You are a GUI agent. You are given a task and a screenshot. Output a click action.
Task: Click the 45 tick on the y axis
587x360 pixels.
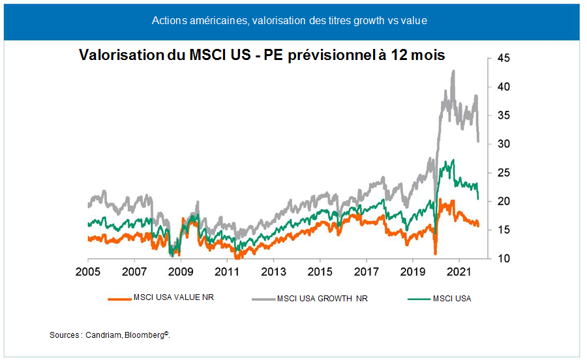[x=505, y=58]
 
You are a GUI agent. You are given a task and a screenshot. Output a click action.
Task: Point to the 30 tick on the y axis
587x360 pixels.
[x=505, y=144]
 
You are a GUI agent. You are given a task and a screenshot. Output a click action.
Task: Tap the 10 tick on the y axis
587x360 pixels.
[x=505, y=259]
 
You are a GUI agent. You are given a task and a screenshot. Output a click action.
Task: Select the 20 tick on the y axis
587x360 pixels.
[x=505, y=202]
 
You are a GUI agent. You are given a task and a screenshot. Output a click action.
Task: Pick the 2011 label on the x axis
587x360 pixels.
[x=226, y=271]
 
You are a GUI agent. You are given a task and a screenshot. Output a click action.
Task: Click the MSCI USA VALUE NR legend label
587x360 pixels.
[x=173, y=298]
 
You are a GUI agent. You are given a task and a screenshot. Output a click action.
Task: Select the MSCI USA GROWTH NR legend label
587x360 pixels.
[x=322, y=299]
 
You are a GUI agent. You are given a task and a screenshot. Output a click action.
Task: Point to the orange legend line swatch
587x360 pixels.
[x=119, y=299]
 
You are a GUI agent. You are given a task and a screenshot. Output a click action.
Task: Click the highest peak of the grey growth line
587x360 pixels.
[x=453, y=70]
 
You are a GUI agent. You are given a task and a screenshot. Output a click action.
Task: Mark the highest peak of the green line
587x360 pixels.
[x=453, y=160]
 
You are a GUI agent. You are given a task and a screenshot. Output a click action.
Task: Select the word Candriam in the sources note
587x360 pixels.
[x=104, y=335]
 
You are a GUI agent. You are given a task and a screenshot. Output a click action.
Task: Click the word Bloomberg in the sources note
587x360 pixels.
[x=147, y=335]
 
